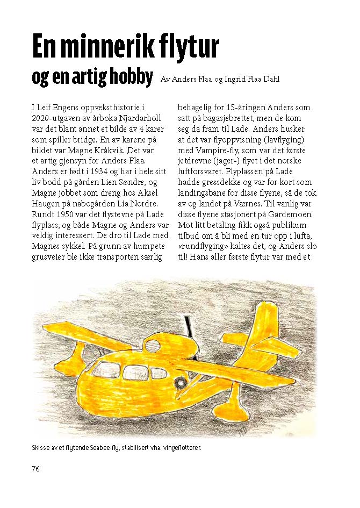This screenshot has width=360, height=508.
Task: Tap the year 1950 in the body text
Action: tap(66, 214)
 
